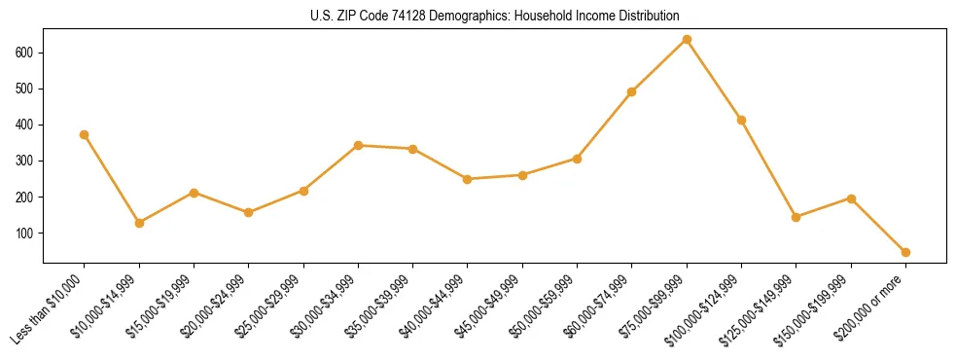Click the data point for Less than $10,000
click(85, 134)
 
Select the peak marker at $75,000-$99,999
click(687, 39)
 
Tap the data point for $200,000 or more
click(905, 252)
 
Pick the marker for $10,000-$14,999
click(139, 223)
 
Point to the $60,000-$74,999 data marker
click(632, 91)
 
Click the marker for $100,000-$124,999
click(741, 120)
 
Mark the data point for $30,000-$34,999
click(358, 145)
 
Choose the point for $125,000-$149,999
click(797, 217)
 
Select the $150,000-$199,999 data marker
click(851, 198)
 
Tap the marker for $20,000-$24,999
click(249, 212)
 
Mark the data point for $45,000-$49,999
click(522, 175)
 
